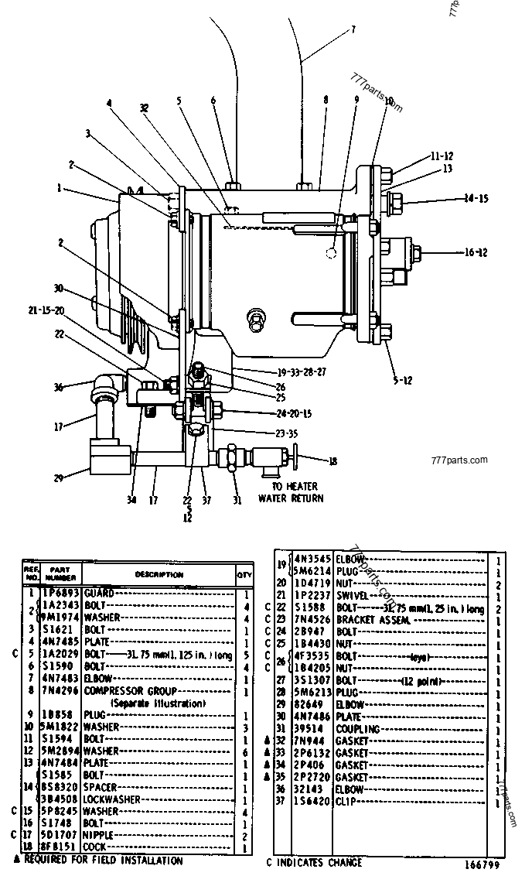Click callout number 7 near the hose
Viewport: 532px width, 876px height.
[x=353, y=30]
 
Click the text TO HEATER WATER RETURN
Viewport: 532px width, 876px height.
[x=291, y=493]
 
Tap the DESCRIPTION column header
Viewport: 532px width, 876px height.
[x=159, y=574]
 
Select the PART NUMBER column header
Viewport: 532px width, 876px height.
[x=60, y=573]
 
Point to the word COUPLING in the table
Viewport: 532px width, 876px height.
[x=358, y=729]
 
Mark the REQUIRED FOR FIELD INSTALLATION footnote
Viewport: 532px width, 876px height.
[x=100, y=860]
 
